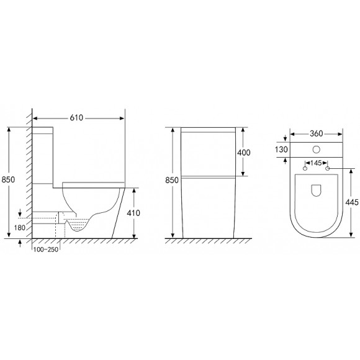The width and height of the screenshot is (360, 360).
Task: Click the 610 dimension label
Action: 76,118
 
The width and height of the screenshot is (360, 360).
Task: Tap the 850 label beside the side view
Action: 8,179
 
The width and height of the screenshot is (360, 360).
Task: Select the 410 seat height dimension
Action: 133,213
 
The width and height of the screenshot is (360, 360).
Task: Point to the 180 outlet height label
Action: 20,228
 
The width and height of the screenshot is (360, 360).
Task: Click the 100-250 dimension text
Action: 46,250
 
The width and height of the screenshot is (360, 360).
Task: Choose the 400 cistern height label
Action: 243,153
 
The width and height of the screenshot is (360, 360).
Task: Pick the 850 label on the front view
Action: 172,180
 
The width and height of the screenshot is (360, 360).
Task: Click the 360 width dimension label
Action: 316,133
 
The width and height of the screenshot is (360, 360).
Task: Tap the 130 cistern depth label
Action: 281,150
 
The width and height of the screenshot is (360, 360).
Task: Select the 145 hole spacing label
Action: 316,163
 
